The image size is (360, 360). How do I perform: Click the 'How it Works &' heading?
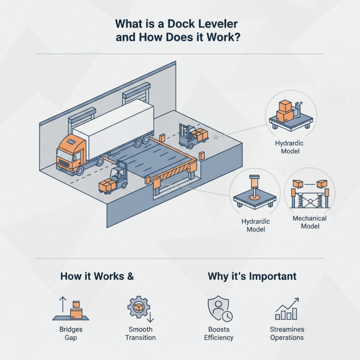[x=97, y=276]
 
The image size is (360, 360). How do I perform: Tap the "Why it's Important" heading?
[x=252, y=276]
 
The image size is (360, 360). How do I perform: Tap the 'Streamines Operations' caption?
[x=287, y=333]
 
